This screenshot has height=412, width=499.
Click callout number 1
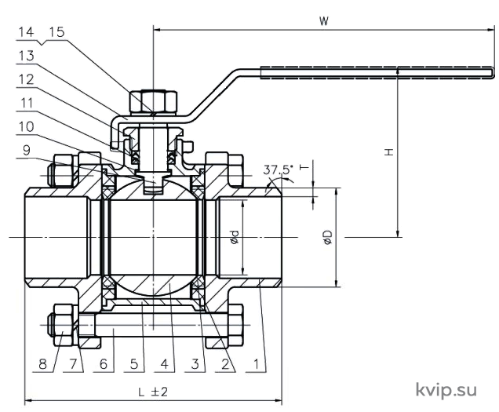(256, 364)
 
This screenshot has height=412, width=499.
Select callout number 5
(133, 364)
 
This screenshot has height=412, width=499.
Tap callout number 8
(42, 364)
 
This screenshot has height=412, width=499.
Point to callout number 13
(27, 56)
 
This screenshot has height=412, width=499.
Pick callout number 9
(27, 150)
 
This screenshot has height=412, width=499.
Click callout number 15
(57, 32)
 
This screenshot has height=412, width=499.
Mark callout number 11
(27, 103)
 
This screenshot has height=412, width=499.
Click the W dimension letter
(324, 21)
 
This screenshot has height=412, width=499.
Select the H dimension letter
(389, 152)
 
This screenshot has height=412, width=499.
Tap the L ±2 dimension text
(153, 392)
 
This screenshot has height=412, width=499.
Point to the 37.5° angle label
(278, 170)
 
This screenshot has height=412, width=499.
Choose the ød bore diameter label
(235, 237)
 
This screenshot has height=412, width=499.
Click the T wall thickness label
(304, 167)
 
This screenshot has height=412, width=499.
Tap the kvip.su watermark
(446, 390)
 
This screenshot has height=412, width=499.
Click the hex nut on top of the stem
(153, 102)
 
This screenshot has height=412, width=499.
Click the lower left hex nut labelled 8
(63, 325)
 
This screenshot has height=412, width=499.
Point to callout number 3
(195, 364)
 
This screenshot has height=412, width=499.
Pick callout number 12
(27, 79)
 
